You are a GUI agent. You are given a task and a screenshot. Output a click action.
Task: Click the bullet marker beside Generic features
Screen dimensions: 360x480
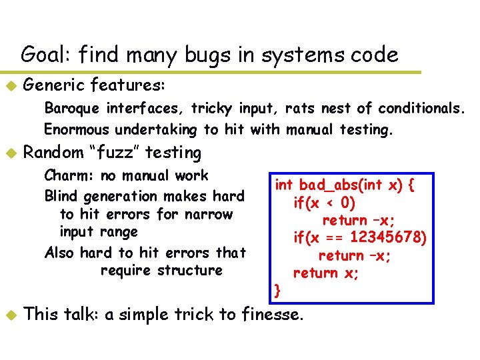10,86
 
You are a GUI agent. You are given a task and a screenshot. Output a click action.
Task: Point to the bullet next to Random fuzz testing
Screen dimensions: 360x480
10,153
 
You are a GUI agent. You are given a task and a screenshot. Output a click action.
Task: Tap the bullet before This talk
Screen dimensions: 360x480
10,315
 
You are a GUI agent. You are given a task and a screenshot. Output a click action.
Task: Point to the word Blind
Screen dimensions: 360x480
61,197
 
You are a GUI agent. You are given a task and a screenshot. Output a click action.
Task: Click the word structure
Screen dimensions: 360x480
190,270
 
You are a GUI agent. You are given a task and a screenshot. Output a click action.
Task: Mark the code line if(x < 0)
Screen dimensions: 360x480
324,202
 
